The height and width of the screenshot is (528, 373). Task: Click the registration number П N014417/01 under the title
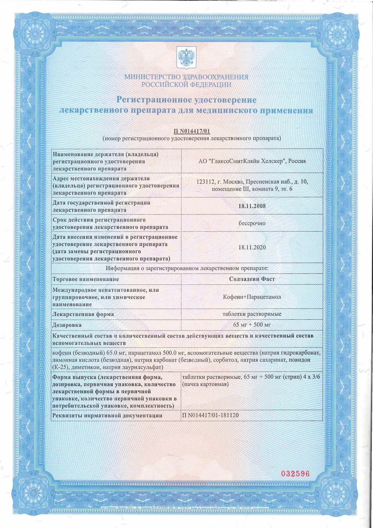[x=192, y=131]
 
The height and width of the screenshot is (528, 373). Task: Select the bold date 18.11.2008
[x=252, y=206]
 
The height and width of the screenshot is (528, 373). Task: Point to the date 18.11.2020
[x=252, y=247]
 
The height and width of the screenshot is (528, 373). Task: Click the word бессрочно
[x=252, y=223]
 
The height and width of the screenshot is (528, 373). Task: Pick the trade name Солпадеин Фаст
[x=252, y=279]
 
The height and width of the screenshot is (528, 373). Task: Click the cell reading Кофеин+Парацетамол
[x=252, y=297]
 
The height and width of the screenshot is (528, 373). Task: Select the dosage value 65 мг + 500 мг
[x=252, y=325]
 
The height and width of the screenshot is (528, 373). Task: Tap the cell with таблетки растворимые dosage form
[x=252, y=314]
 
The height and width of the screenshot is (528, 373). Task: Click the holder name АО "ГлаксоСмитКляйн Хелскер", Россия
[x=252, y=161]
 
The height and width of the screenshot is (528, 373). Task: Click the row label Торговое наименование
[x=86, y=279]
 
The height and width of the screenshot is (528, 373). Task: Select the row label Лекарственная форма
[x=83, y=314]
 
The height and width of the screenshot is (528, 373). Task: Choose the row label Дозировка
[x=67, y=325]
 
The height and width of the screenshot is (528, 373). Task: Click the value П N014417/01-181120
[x=210, y=415]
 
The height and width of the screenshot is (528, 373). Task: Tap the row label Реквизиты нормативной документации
[x=107, y=416]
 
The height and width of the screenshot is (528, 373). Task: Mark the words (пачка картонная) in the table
[x=205, y=384]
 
